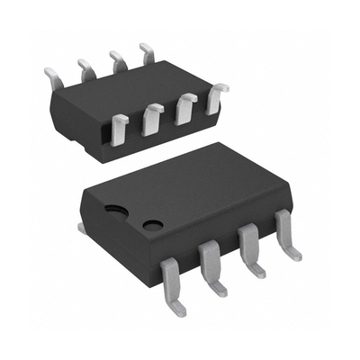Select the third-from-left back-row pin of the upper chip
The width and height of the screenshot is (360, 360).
tap(116, 59)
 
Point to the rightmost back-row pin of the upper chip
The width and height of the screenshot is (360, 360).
tap(147, 50)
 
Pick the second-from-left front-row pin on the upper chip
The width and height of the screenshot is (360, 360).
tap(152, 116)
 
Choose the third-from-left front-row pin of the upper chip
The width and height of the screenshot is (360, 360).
tap(184, 106)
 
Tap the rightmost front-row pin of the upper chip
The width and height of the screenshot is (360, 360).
tap(216, 96)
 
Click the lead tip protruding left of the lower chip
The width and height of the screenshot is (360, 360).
tap(83, 229)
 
